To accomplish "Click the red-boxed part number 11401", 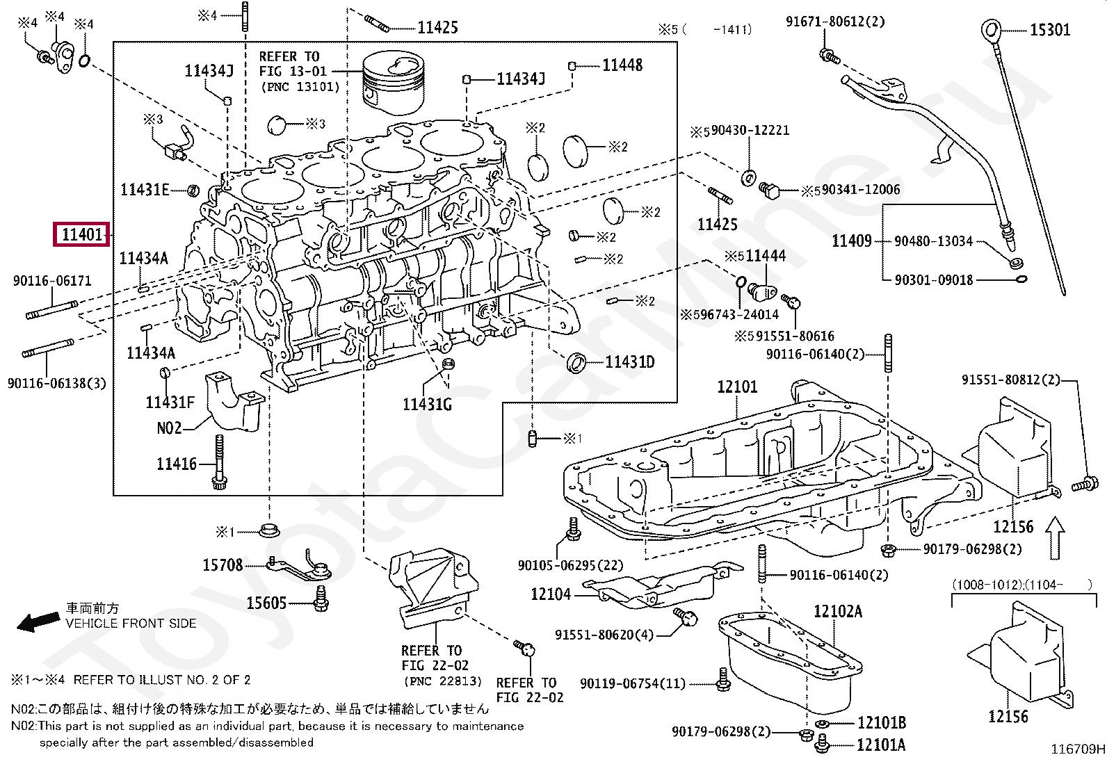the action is pyautogui.click(x=81, y=234).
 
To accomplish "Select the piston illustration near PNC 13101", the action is pyautogui.click(x=394, y=84).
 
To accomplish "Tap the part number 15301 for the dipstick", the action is pyautogui.click(x=1050, y=30).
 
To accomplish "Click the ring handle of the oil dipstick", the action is pyautogui.click(x=991, y=30).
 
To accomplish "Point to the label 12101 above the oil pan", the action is pyautogui.click(x=737, y=387).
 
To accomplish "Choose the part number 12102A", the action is pyautogui.click(x=838, y=612).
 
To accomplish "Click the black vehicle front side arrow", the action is pyautogui.click(x=38, y=621).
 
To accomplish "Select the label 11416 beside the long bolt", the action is pyautogui.click(x=177, y=464).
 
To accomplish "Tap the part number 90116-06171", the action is pyautogui.click(x=52, y=281).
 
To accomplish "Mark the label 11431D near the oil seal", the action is pyautogui.click(x=629, y=362).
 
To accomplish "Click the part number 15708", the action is pyautogui.click(x=223, y=565).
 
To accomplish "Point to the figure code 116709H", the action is pyautogui.click(x=1077, y=749).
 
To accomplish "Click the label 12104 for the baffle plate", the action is pyautogui.click(x=551, y=594).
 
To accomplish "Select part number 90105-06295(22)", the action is pyautogui.click(x=570, y=565).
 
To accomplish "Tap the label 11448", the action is pyautogui.click(x=622, y=65).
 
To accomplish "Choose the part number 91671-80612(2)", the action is pyautogui.click(x=835, y=22).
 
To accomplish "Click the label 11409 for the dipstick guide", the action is pyautogui.click(x=852, y=241).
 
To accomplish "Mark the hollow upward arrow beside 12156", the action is pyautogui.click(x=1055, y=537).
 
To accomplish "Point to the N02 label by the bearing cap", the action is pyautogui.click(x=169, y=428).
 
